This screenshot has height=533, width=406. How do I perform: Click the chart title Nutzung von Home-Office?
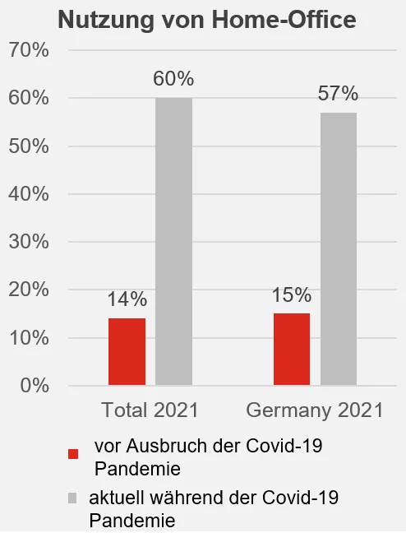pos(206,21)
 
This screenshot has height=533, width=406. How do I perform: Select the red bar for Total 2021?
pos(127,351)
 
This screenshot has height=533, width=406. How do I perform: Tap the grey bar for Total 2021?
pos(173,241)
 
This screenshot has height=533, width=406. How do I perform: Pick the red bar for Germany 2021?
pos(292,349)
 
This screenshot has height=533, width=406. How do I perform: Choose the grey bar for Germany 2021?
pos(339,248)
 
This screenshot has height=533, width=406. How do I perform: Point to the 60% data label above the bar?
pos(173,80)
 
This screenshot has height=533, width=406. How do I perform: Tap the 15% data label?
pos(292,295)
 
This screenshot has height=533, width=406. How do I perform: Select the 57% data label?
pos(339,94)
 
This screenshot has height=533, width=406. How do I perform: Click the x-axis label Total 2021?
pos(150,410)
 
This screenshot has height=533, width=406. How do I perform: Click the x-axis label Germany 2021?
pos(315,410)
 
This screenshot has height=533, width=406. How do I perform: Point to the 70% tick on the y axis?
pos(29,51)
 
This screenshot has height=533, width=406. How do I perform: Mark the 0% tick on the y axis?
pos(34,385)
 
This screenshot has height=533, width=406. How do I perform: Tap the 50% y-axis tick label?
pos(29,146)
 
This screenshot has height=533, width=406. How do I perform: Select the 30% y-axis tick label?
pos(29,242)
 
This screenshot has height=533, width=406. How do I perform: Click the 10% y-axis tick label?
pos(29,337)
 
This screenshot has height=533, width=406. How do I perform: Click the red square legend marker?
pos(73,454)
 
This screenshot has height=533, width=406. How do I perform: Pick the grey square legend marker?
pos(73,498)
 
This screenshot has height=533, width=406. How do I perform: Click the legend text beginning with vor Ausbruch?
pos(208,457)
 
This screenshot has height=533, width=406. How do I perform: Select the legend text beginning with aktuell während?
pos(214,508)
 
